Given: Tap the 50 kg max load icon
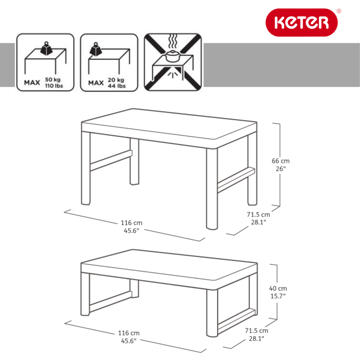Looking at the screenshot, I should tap(45, 63).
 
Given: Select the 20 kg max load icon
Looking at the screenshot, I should tap(109, 63).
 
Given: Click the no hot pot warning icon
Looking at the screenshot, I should tap(173, 63).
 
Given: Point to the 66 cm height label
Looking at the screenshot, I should tap(280, 165).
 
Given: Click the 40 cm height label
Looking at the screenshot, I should tap(279, 292).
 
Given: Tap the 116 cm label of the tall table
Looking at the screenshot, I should tap(130, 227).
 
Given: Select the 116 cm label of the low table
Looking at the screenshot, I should tap(128, 337).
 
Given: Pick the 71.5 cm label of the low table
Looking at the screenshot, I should tap(255, 334).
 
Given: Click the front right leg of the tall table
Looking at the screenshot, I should tap(212, 188).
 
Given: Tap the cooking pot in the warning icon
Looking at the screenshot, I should tap(172, 55).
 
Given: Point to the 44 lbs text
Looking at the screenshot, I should tap(117, 86).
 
